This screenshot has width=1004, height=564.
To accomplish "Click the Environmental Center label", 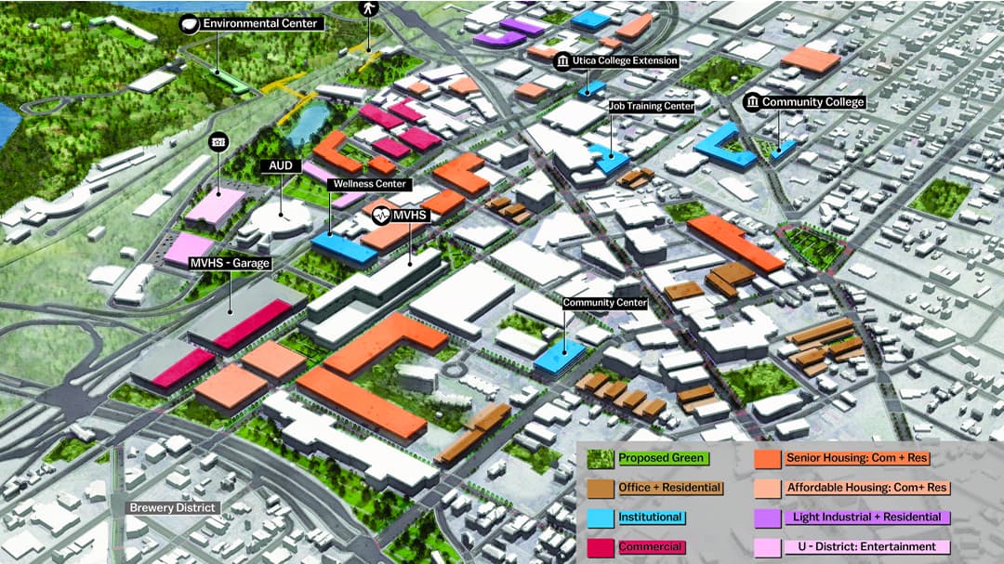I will tap(259, 23).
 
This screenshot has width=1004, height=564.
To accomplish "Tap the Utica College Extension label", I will tap(626, 61).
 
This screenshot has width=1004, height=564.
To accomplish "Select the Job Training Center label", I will tap(651, 107).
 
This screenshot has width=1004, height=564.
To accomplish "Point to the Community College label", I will tap(812, 102).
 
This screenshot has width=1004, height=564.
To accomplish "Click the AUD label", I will tap(281, 165).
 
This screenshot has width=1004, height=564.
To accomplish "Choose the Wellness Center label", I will tap(371, 184).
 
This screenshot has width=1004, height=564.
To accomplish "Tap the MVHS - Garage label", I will tap(230, 264).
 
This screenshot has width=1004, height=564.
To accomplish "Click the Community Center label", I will tap(605, 303).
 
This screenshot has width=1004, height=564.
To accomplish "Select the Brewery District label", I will tap(173, 508).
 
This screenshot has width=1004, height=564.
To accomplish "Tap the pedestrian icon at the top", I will tap(368, 8).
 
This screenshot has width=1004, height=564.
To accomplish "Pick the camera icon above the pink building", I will tap(218, 141).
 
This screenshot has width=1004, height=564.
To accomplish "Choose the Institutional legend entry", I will tap(651, 518).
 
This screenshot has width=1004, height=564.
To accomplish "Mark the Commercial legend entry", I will tap(651, 547).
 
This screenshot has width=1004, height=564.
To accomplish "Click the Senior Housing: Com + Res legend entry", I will tap(856, 458).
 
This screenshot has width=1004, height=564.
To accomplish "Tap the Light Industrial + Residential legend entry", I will tap(865, 517).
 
